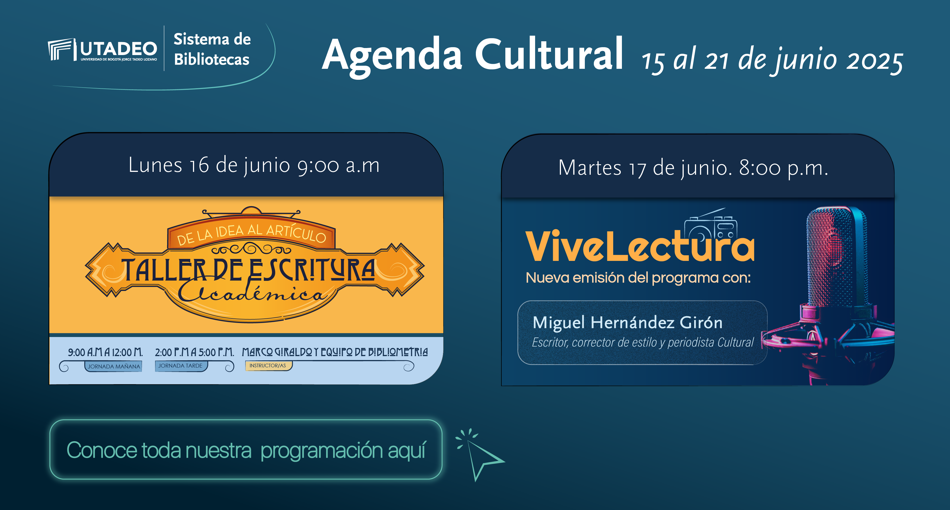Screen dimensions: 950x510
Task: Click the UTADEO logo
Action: point(103,50)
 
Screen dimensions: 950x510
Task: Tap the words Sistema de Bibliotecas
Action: point(212,49)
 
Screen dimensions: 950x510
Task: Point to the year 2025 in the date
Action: point(875,61)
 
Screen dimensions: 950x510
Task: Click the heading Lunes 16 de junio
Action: point(209,165)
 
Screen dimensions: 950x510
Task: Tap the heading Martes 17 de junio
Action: point(645,168)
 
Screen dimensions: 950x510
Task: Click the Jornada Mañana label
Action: point(113,366)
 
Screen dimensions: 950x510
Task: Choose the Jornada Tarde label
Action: point(181,366)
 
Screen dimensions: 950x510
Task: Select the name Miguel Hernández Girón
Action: point(627,322)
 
